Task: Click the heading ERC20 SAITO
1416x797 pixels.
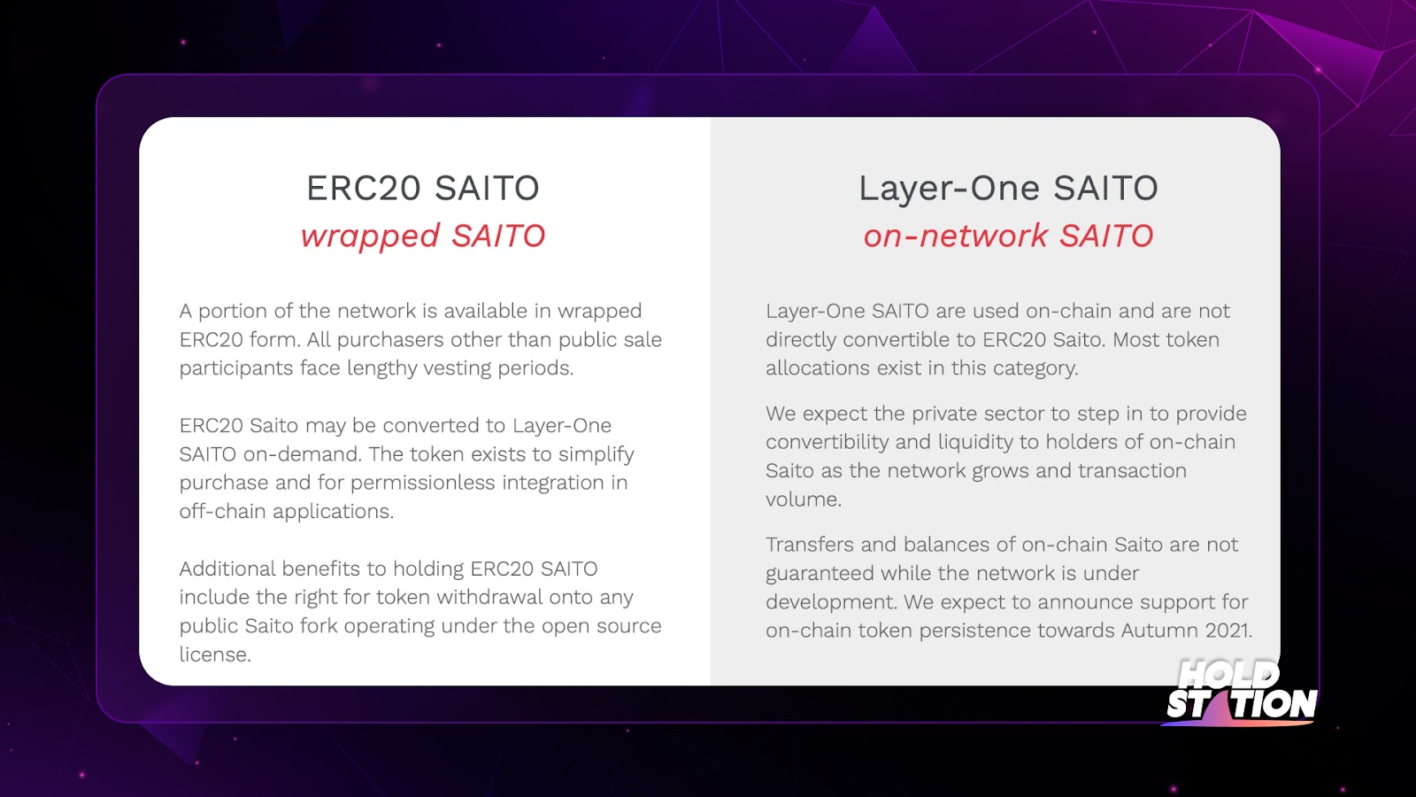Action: click(423, 188)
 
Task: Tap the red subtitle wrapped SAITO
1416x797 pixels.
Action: click(423, 236)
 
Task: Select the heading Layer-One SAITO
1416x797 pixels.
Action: click(1008, 188)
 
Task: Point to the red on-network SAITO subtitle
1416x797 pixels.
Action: click(1008, 236)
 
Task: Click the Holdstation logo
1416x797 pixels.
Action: click(1242, 692)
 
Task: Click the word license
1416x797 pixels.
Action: click(214, 654)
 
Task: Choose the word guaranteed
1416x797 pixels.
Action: click(820, 574)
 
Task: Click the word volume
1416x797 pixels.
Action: click(804, 499)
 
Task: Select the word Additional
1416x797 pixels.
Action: click(227, 569)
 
